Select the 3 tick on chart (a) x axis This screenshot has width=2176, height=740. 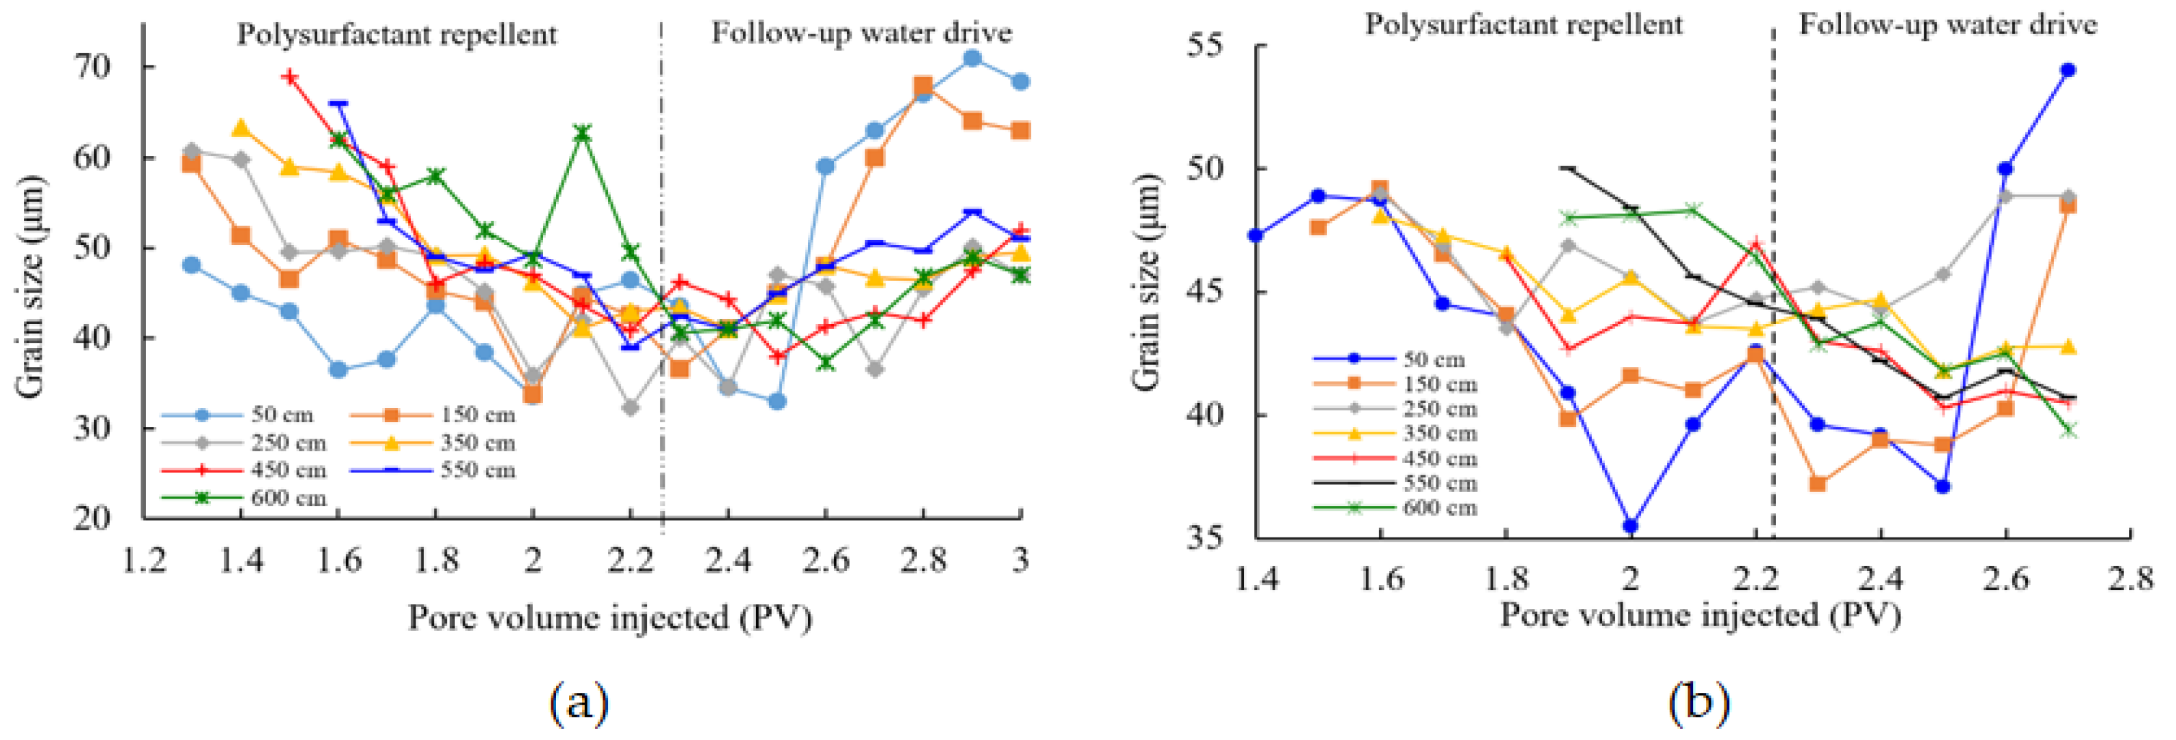tap(1020, 559)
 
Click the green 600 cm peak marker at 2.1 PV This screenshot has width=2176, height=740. tap(581, 134)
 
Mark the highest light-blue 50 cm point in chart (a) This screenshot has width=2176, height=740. tap(972, 58)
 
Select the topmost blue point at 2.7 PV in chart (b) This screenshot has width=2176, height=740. tap(2068, 70)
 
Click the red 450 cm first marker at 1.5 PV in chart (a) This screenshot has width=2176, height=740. tap(290, 77)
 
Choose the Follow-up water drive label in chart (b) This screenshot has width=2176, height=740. tap(1947, 25)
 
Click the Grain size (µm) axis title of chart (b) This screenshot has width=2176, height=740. tap(1146, 283)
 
